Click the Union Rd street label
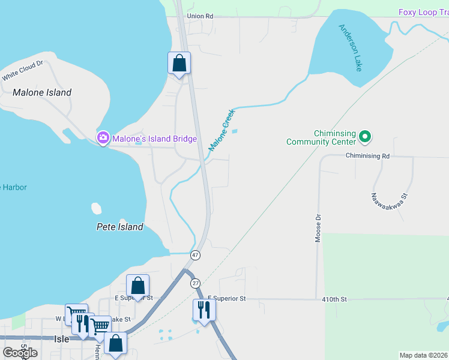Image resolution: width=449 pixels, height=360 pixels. tap(200, 16)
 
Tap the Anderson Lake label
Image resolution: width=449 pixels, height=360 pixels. tap(351, 47)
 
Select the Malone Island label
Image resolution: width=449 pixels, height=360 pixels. tap(42, 92)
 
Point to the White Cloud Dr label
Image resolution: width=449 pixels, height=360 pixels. tap(22, 71)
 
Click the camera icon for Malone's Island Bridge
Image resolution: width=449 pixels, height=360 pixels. tap(103, 139)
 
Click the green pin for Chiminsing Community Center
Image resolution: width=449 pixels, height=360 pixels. tap(365, 137)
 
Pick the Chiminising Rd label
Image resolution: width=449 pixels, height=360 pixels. tap(367, 155)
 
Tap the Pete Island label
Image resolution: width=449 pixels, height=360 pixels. tap(120, 227)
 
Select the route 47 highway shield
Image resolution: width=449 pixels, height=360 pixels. tap(195, 256)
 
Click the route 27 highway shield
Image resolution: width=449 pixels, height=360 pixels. tap(195, 283)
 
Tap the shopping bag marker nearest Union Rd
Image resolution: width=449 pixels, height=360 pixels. tap(179, 62)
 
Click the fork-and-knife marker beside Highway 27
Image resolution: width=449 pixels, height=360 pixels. tap(203, 310)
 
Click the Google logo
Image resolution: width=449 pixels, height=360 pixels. tap(20, 352)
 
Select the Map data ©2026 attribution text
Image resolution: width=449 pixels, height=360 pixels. tap(423, 355)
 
